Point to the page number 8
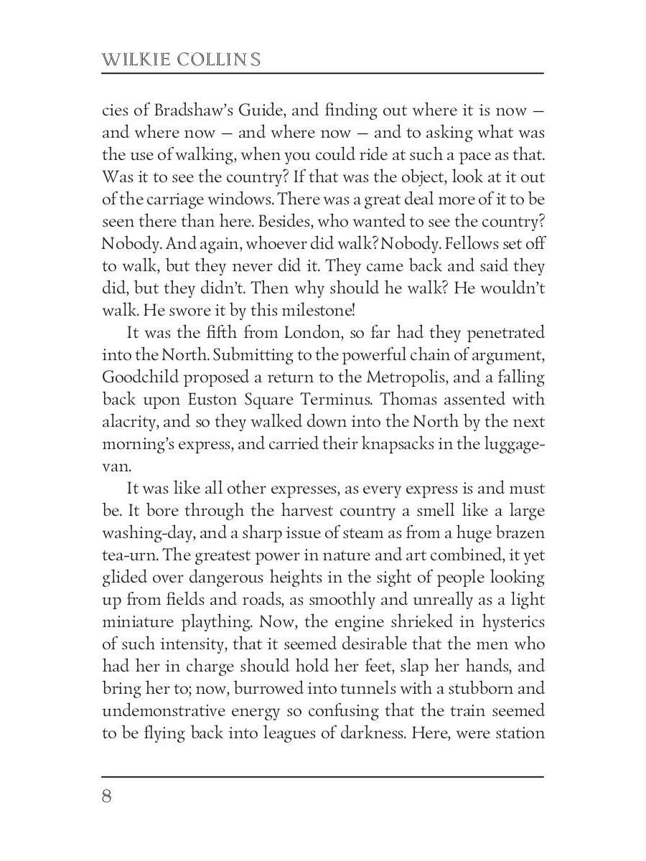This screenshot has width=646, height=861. (107, 797)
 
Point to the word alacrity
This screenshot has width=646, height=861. (128, 422)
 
